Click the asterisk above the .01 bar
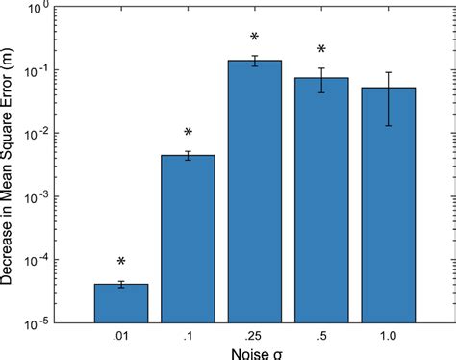click(x=121, y=262)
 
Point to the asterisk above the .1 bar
click(x=188, y=133)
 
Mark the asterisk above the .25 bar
click(x=255, y=38)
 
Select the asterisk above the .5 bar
click(x=321, y=50)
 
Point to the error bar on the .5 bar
click(x=321, y=80)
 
